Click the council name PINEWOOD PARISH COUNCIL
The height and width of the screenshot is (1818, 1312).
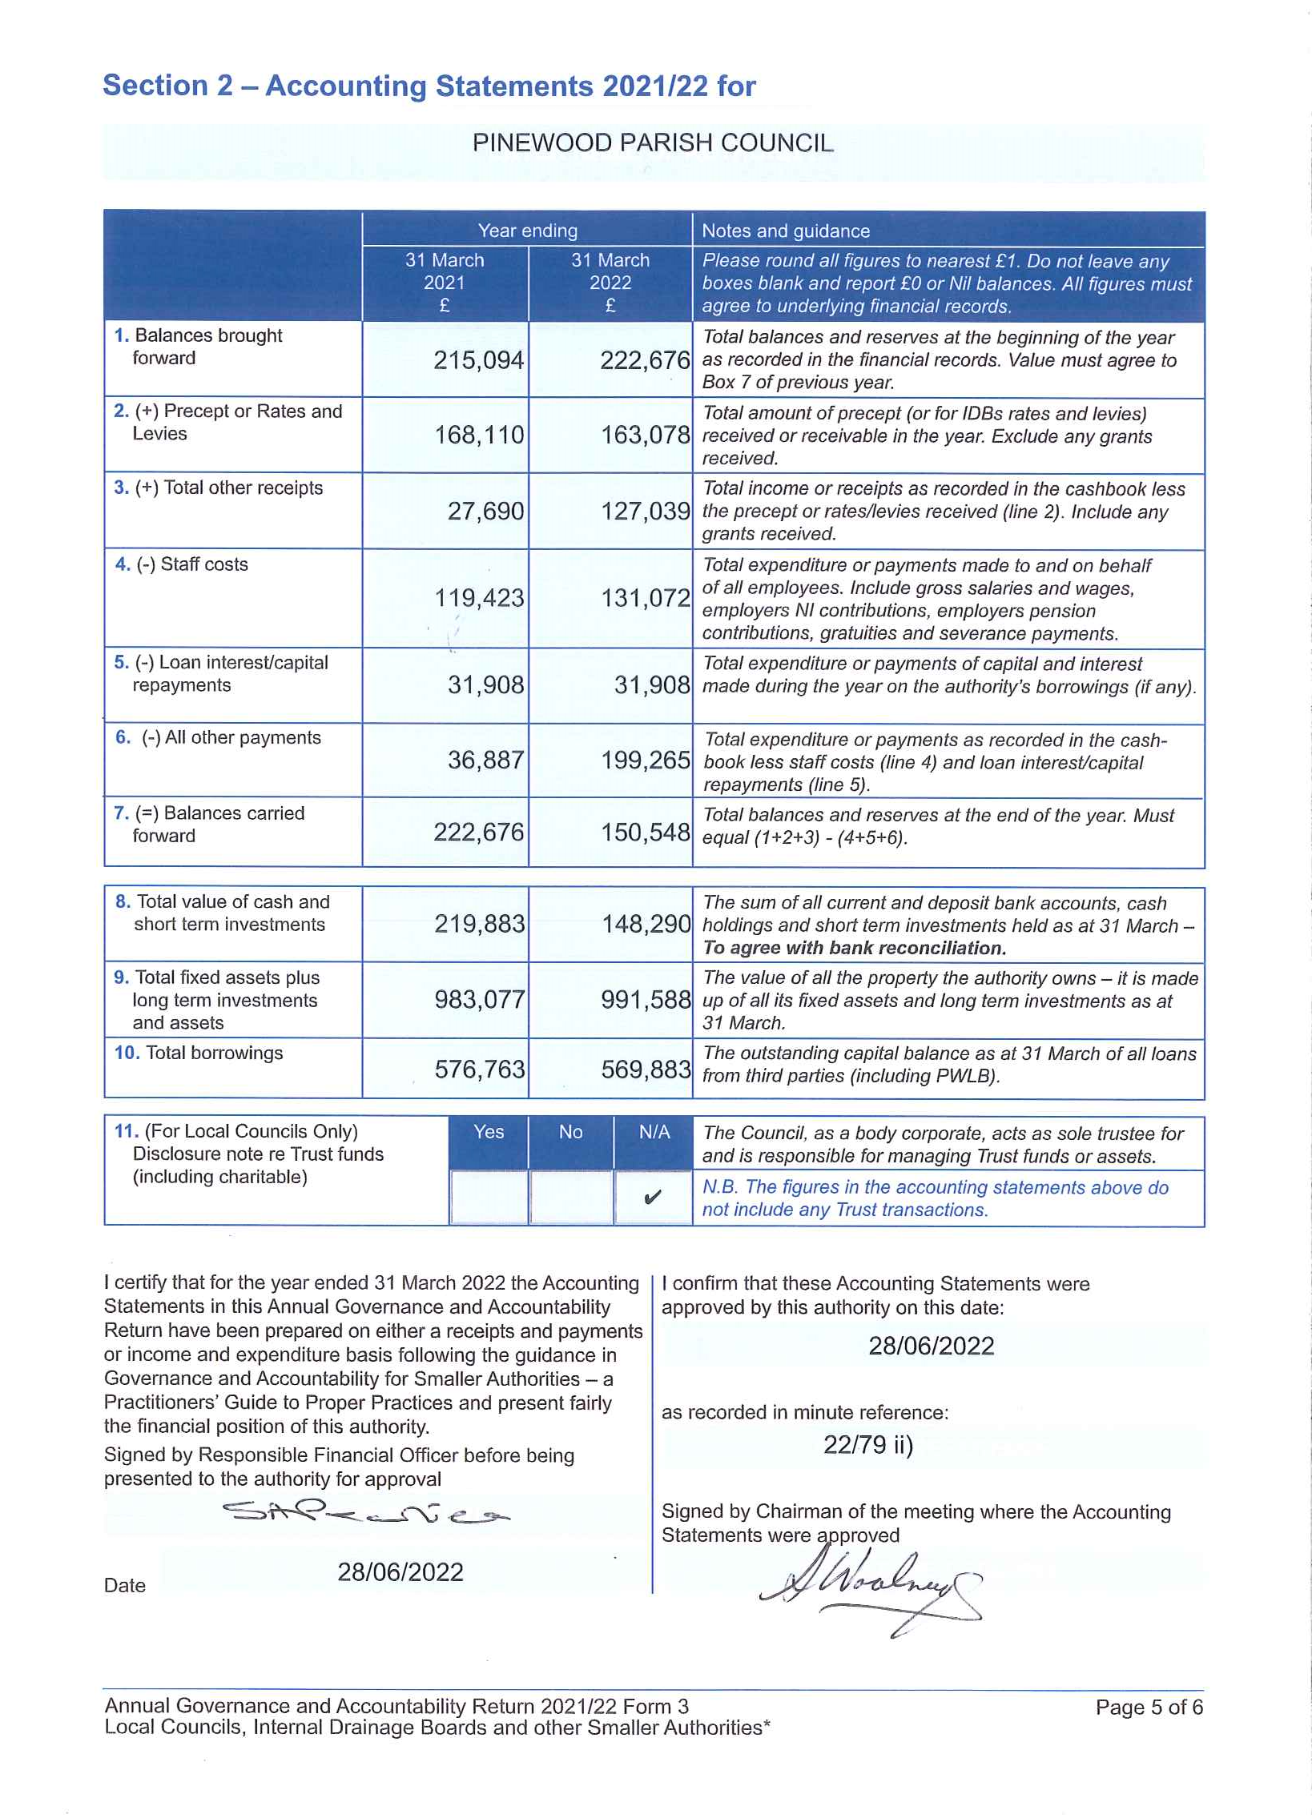coord(653,143)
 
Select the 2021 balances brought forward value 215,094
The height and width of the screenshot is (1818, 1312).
coord(479,361)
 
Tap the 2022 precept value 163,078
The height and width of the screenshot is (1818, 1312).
coord(645,435)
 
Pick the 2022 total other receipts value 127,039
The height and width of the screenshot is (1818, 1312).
coord(645,512)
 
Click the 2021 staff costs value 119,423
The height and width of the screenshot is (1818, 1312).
coord(479,598)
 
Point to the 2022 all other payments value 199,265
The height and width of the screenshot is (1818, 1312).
coord(645,760)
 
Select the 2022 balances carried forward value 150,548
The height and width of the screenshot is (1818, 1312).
coord(645,833)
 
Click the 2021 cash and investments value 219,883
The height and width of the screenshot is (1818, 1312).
coord(480,925)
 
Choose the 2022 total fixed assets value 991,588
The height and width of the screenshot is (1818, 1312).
coord(646,1000)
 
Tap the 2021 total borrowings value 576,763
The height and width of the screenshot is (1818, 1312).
coord(480,1070)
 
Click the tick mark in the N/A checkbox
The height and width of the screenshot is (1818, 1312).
coord(653,1198)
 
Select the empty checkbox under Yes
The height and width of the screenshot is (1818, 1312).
coord(489,1198)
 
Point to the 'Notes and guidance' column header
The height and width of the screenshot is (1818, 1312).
coord(785,231)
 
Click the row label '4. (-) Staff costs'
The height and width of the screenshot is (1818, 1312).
coord(182,564)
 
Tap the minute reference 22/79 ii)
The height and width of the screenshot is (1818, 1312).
coord(867,1445)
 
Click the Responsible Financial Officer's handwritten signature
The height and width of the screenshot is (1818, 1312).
coord(365,1513)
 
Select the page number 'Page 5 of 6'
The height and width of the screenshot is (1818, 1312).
coord(1149,1708)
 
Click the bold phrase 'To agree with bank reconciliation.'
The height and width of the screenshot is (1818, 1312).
coord(853,949)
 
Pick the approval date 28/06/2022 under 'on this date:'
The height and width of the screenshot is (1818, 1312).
coord(930,1346)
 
